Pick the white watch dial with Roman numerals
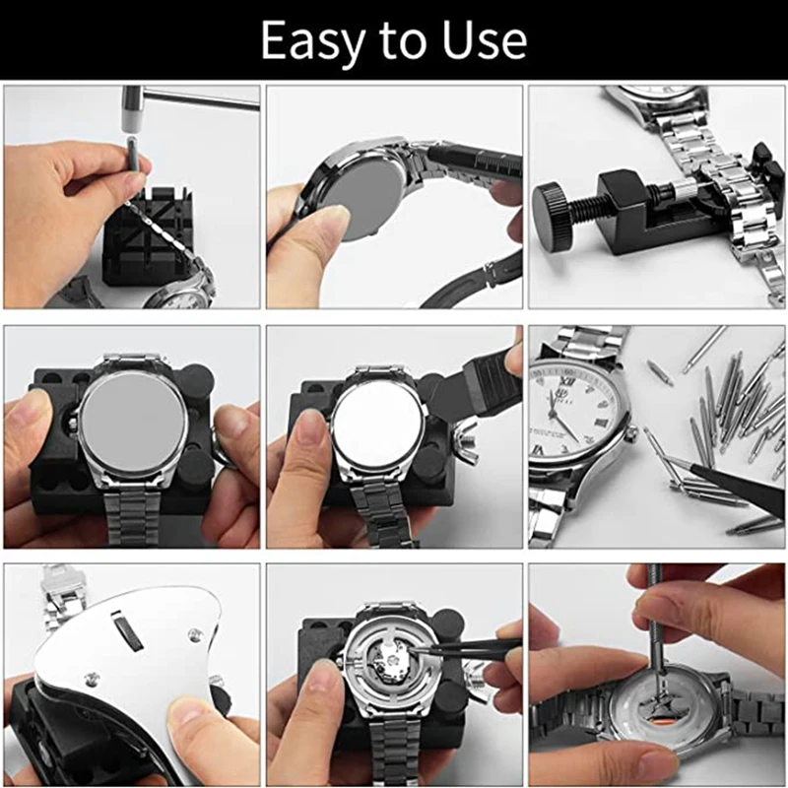click(576, 404)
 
